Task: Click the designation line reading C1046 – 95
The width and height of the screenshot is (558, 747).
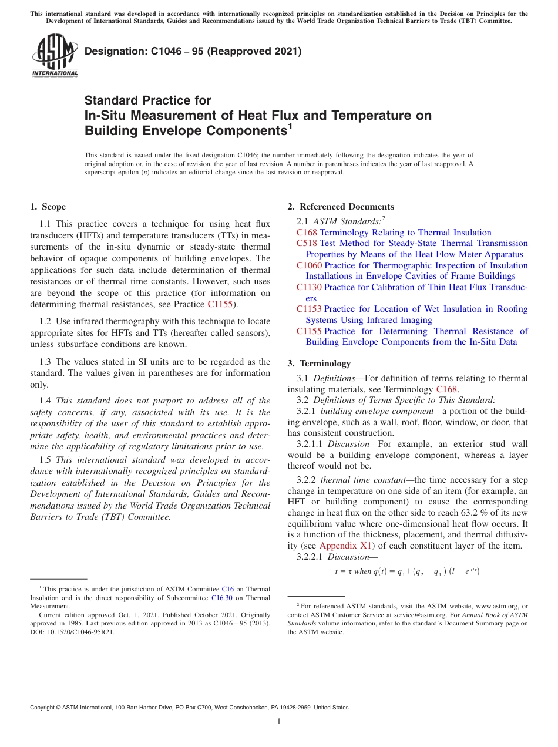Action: point(193,52)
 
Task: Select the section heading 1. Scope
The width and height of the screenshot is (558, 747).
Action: point(48,207)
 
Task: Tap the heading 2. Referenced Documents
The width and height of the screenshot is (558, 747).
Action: point(341,207)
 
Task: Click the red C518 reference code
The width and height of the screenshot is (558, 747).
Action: point(307,243)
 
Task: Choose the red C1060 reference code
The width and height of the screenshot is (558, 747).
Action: point(309,265)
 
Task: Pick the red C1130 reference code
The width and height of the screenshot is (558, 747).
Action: point(309,287)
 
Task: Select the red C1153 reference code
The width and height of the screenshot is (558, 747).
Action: point(309,309)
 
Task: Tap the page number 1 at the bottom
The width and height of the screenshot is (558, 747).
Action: point(279,722)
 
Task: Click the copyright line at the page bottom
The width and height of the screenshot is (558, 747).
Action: point(189,708)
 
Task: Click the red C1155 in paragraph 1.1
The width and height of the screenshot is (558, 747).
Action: point(220,304)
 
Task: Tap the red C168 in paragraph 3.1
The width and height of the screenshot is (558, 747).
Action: point(446,389)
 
